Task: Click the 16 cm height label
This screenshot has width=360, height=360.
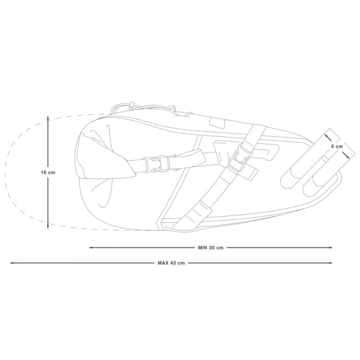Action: (48, 172)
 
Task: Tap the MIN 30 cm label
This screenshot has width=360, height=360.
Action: (211, 247)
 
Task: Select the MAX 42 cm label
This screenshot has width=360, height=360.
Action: (171, 263)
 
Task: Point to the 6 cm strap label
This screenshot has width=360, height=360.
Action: (337, 147)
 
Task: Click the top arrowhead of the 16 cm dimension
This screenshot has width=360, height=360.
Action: (48, 118)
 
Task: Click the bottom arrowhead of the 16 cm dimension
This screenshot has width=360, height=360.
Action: (48, 227)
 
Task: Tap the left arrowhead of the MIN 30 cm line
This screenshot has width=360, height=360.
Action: (91, 247)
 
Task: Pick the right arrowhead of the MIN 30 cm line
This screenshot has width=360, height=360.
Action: (331, 247)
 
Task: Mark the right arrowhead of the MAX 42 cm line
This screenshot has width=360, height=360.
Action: (331, 263)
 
